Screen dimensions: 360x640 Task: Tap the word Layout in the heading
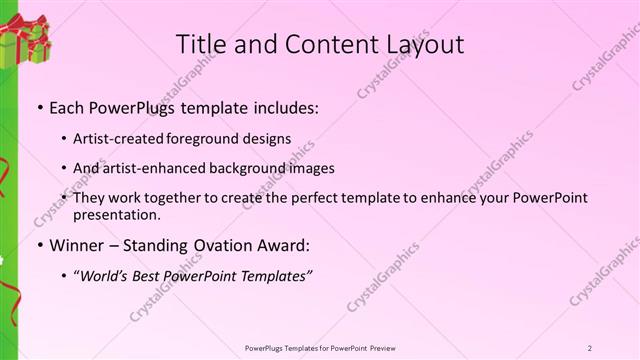pos(419,44)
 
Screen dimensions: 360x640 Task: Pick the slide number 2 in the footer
pos(590,347)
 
